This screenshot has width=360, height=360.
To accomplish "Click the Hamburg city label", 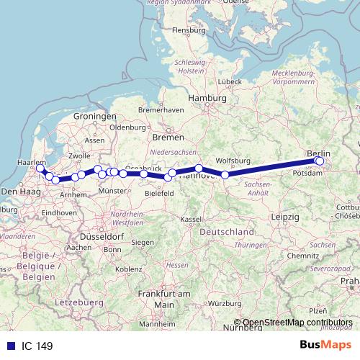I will pos(207,98).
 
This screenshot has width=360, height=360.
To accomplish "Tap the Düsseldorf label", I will pos(102,236).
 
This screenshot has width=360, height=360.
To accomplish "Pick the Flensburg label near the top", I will pos(189,31).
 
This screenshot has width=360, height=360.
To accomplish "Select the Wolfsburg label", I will pos(232,161).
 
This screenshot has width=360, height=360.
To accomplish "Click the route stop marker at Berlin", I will pos(319,161).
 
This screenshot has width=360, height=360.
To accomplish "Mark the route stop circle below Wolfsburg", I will pos(225,175).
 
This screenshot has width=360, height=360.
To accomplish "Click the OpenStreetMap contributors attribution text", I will pos(297,323).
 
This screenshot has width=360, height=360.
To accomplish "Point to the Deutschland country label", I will pos(227,233).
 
